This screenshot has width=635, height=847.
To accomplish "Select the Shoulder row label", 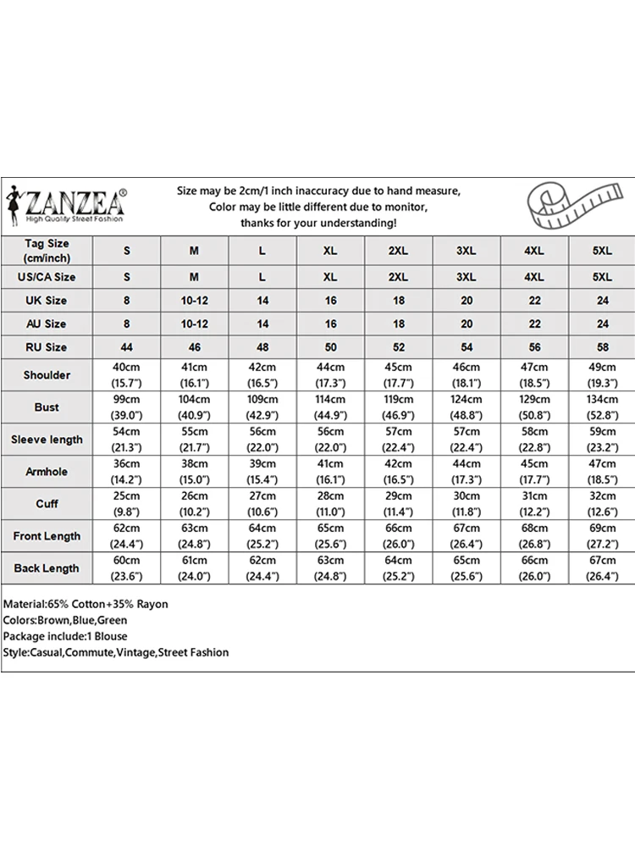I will [47, 375].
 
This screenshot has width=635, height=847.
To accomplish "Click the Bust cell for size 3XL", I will [466, 407].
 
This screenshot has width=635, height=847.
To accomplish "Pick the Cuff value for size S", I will [127, 504].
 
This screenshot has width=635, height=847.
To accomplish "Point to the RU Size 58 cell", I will [602, 347].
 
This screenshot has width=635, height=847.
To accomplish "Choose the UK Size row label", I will [47, 301].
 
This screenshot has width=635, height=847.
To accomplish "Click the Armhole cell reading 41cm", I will [330, 472].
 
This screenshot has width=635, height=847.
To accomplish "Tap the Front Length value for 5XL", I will [602, 536].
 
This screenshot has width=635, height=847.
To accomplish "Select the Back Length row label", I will [47, 568].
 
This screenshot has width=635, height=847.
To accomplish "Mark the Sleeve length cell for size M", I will [195, 440].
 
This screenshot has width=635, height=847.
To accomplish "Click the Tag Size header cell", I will [47, 250].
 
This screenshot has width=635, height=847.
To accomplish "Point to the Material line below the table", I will [86, 604].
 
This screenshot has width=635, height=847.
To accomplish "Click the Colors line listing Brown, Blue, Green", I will [65, 620].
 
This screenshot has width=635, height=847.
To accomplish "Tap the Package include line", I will [65, 636].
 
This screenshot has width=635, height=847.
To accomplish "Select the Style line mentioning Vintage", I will [115, 652].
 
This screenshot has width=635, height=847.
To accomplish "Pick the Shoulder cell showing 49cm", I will [602, 375].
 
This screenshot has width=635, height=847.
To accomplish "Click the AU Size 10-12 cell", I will [195, 324].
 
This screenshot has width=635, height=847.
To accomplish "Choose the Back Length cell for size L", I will [262, 568].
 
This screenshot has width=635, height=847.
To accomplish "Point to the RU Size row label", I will [47, 347].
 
